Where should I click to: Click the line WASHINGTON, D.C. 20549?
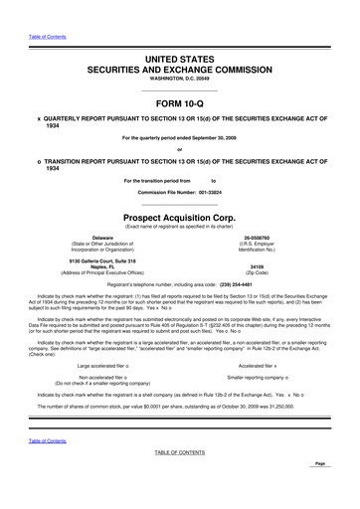click(x=179, y=79)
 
